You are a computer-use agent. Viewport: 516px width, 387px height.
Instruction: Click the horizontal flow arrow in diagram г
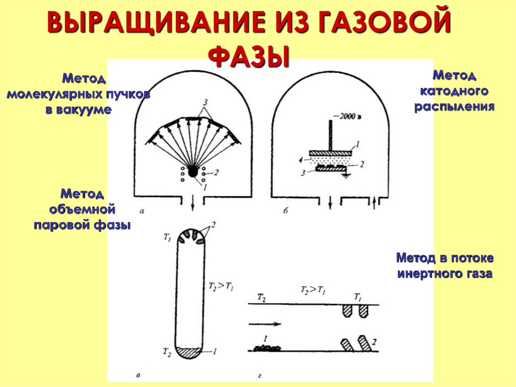(x=263, y=323)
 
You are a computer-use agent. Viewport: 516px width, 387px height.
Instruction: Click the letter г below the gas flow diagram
(x=259, y=375)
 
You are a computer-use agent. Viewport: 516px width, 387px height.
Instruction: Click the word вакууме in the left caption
(x=78, y=109)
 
